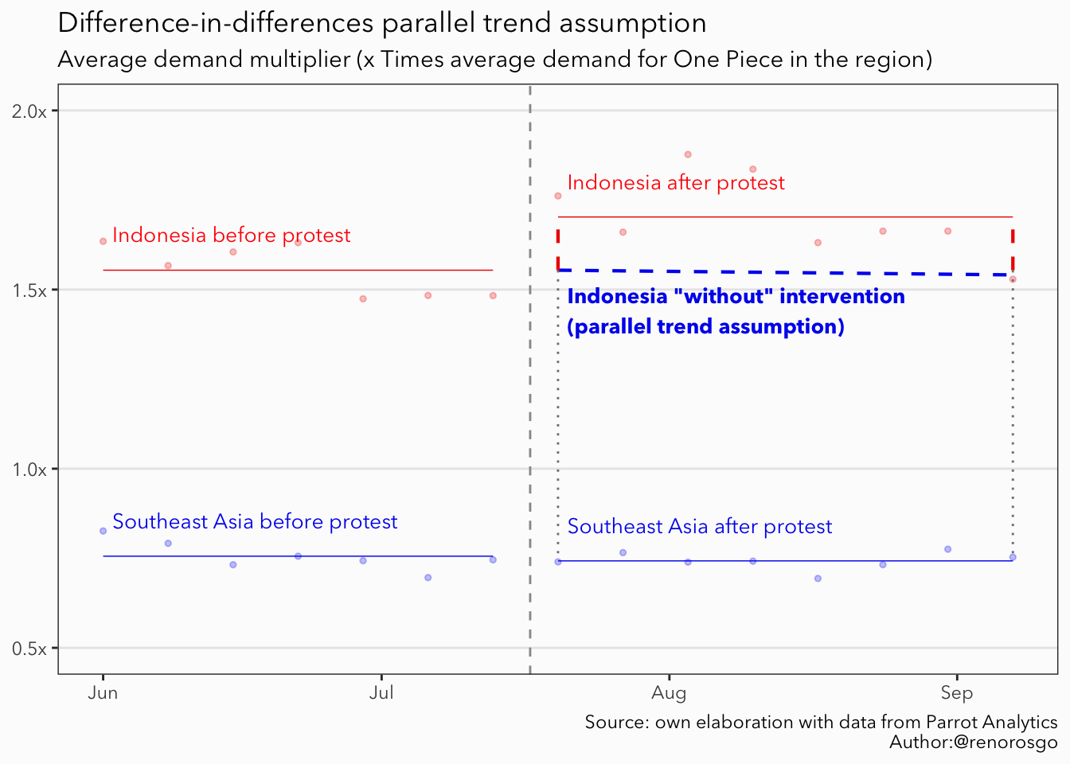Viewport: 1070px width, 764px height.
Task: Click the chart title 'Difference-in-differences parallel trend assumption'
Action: [x=382, y=23]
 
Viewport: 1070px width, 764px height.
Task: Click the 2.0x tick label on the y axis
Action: [x=29, y=111]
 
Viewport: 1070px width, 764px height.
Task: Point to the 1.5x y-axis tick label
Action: [x=29, y=290]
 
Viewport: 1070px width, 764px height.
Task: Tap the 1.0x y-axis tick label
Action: [x=29, y=470]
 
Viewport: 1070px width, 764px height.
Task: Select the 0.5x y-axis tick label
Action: [x=29, y=649]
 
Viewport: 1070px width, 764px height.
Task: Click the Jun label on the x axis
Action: [x=103, y=692]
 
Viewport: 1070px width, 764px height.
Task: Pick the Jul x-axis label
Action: [x=381, y=692]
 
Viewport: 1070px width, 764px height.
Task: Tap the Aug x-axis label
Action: [x=669, y=692]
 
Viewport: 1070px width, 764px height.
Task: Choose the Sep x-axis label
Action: [x=956, y=692]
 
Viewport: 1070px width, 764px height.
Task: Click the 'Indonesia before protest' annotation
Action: [x=231, y=236]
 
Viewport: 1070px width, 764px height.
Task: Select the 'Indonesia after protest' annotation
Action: [x=676, y=183]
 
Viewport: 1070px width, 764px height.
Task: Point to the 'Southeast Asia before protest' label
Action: [x=255, y=522]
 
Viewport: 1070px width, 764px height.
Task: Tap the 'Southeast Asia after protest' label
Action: [x=700, y=527]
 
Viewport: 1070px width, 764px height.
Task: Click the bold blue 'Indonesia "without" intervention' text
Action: [x=736, y=297]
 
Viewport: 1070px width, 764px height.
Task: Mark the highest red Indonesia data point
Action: [x=688, y=154]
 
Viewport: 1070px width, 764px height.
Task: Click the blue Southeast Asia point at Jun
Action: [x=103, y=531]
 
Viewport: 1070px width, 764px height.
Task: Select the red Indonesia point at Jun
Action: [x=103, y=241]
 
